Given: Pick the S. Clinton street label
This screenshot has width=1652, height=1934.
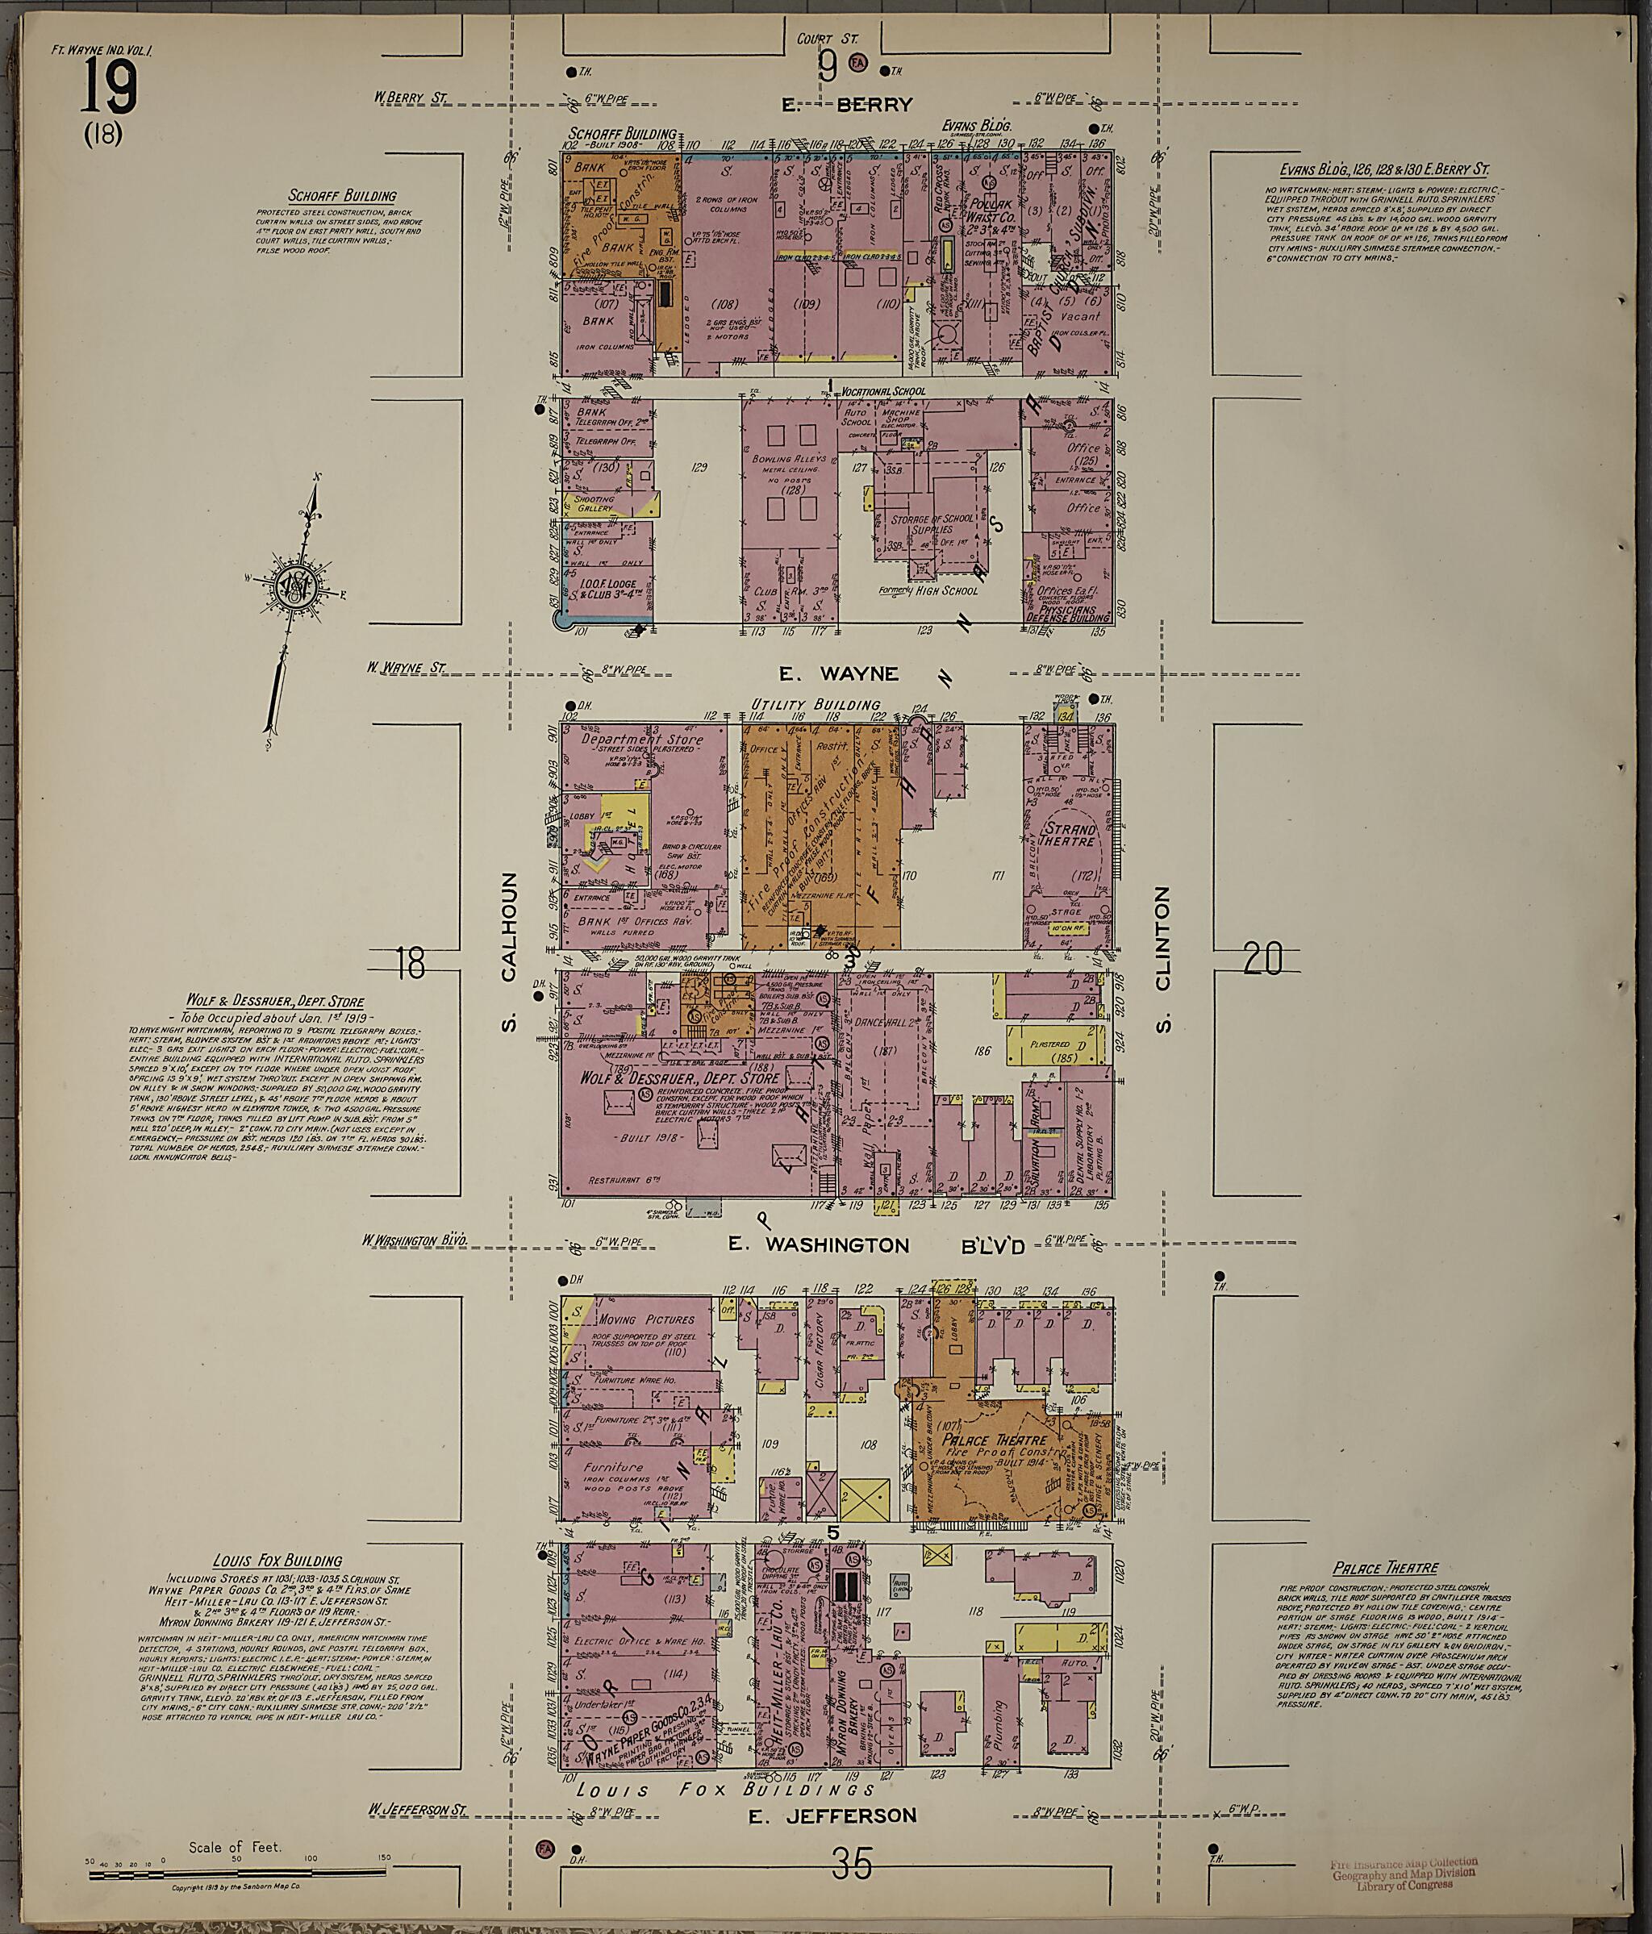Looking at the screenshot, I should [x=1162, y=959].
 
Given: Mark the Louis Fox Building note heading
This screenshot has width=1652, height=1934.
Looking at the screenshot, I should [x=277, y=1560].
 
